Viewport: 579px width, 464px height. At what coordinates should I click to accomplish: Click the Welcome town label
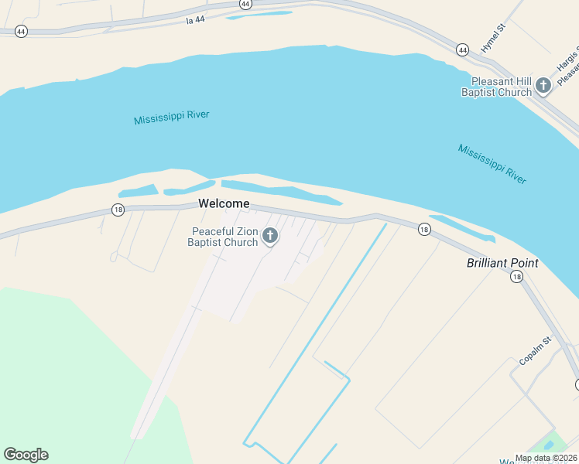click(x=224, y=204)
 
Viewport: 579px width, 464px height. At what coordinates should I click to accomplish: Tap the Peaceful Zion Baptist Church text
click(x=224, y=237)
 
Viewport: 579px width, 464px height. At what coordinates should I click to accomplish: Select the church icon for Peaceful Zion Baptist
click(x=270, y=236)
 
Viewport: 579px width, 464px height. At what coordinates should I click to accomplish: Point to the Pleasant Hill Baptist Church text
click(x=496, y=87)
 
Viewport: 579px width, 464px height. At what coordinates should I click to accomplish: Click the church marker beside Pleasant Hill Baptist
click(x=543, y=85)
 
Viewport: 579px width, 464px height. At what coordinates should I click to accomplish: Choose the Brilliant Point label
click(x=502, y=263)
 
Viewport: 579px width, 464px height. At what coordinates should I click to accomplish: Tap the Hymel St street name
click(x=492, y=38)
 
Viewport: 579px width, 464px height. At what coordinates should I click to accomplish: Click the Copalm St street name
click(x=535, y=350)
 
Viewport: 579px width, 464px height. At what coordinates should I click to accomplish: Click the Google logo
click(x=26, y=455)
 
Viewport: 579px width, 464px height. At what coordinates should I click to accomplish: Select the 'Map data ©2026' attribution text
click(x=545, y=458)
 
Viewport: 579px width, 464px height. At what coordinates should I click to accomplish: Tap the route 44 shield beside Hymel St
click(x=462, y=49)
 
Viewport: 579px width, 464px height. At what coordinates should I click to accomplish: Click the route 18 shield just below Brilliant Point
click(x=516, y=277)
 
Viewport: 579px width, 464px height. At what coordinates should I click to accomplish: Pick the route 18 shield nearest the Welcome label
click(x=118, y=210)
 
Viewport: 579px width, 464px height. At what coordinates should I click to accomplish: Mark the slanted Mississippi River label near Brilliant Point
click(x=492, y=163)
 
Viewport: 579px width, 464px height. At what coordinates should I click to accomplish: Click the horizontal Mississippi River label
click(x=171, y=118)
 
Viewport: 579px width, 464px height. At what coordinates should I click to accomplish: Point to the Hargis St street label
click(x=567, y=57)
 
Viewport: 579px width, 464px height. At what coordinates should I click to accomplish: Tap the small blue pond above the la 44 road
click(x=260, y=15)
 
